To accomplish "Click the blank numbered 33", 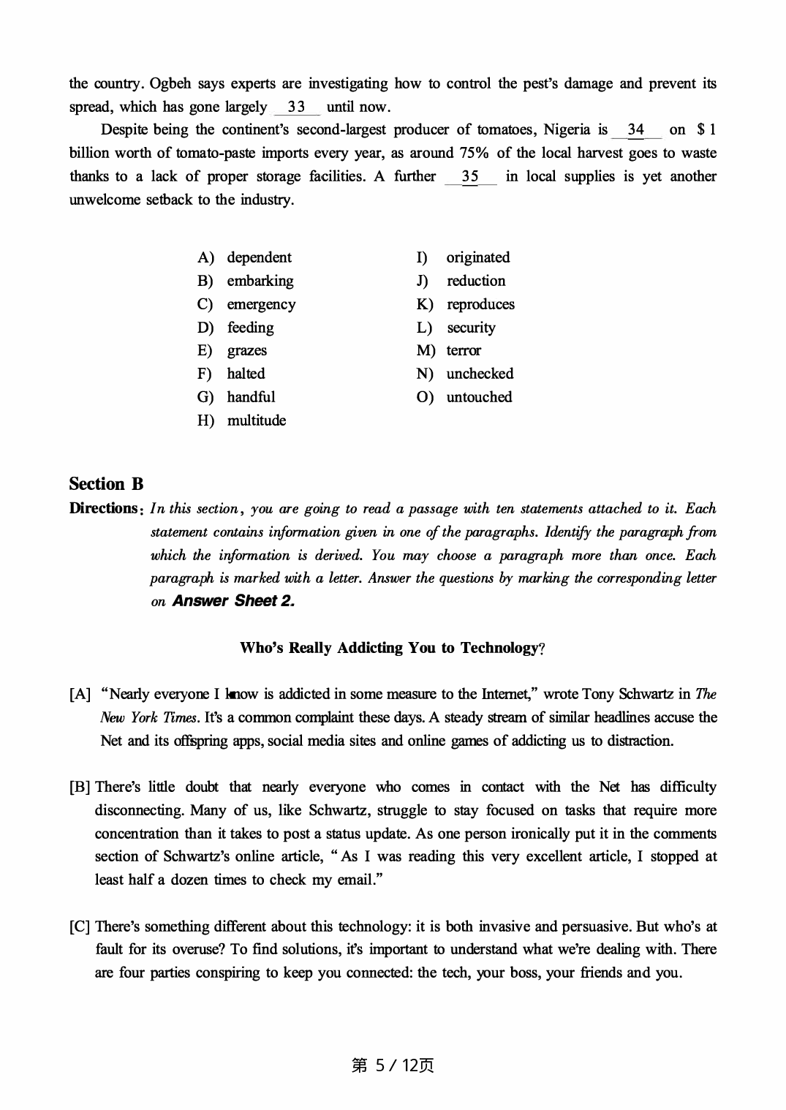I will [x=296, y=107].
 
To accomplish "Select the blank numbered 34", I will [x=635, y=130].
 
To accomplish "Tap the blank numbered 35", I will [x=470, y=177].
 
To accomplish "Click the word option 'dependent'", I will [x=259, y=257].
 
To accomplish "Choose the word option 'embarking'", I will [x=260, y=281].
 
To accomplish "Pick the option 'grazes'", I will [x=246, y=350].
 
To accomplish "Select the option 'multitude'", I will [x=256, y=420].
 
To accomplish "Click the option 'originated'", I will [x=478, y=257].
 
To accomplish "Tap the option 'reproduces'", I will [x=480, y=304].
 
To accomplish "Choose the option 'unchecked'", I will [x=480, y=374].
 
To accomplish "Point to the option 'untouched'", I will [x=479, y=397].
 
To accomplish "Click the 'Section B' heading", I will [x=106, y=484].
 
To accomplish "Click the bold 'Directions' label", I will [x=103, y=508].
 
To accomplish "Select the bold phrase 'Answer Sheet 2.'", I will [x=233, y=601].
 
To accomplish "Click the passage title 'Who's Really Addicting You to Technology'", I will [x=392, y=648].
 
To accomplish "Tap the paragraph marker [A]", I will [x=80, y=694].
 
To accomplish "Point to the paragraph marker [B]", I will [x=80, y=788].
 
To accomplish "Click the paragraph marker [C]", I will [x=80, y=927].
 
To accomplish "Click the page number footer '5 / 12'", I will [x=393, y=1065].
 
